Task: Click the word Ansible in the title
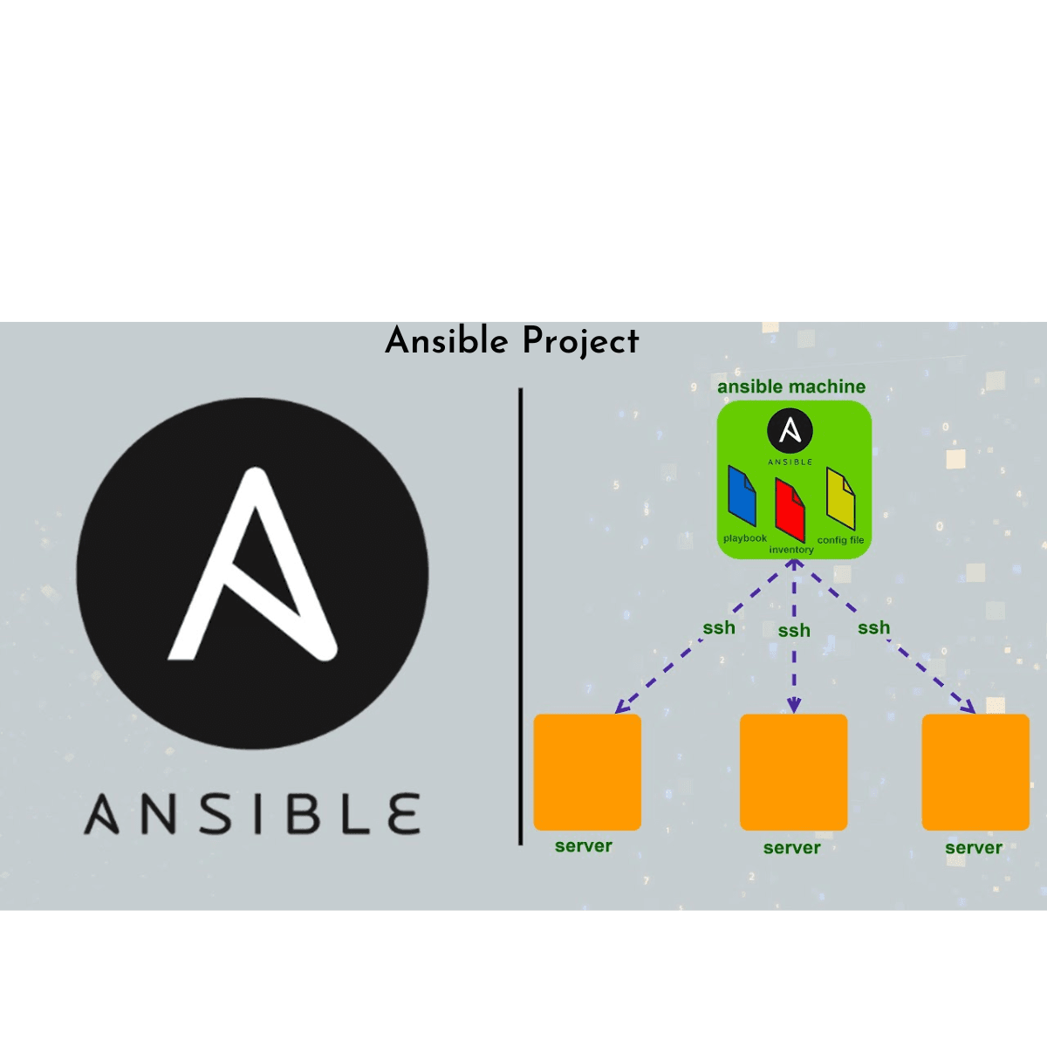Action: pyautogui.click(x=446, y=340)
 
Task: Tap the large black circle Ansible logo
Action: pyautogui.click(x=252, y=572)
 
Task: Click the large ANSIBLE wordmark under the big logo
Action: pyautogui.click(x=252, y=814)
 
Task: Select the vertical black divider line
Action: pyautogui.click(x=521, y=616)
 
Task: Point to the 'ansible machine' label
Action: pyautogui.click(x=791, y=387)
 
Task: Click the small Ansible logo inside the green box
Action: pyautogui.click(x=790, y=432)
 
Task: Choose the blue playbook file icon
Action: pyautogui.click(x=742, y=497)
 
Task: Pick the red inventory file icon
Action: pyautogui.click(x=790, y=510)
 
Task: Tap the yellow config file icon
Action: pyautogui.click(x=841, y=499)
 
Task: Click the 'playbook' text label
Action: pyautogui.click(x=745, y=538)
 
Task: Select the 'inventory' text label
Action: pyautogui.click(x=791, y=550)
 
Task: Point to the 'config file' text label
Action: pyautogui.click(x=840, y=540)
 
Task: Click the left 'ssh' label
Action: pyautogui.click(x=719, y=627)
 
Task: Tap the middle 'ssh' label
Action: pyautogui.click(x=794, y=630)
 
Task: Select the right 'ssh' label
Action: pyautogui.click(x=873, y=627)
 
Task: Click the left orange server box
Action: pyautogui.click(x=587, y=772)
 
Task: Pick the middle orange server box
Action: pyautogui.click(x=793, y=772)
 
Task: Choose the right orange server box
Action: pyautogui.click(x=975, y=772)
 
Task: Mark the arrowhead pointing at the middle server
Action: pyautogui.click(x=794, y=706)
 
